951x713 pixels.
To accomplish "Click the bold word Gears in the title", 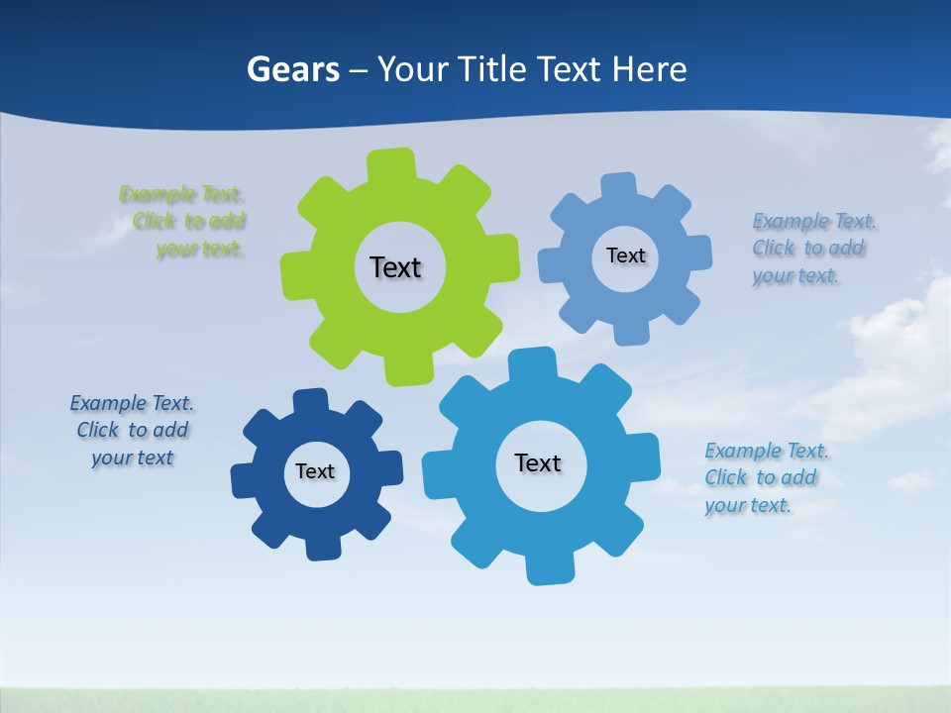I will click(x=292, y=69).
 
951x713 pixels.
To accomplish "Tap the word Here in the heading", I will click(x=649, y=69).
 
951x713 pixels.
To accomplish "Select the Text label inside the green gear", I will click(x=395, y=267).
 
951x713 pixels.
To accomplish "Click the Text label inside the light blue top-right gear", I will click(x=625, y=255).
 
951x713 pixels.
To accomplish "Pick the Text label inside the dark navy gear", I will click(x=315, y=471).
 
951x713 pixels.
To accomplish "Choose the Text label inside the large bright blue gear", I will click(x=538, y=462).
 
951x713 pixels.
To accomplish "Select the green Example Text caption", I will click(x=183, y=221).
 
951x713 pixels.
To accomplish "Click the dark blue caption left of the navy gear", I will click(x=132, y=430).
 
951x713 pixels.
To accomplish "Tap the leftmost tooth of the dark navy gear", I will click(x=244, y=480).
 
